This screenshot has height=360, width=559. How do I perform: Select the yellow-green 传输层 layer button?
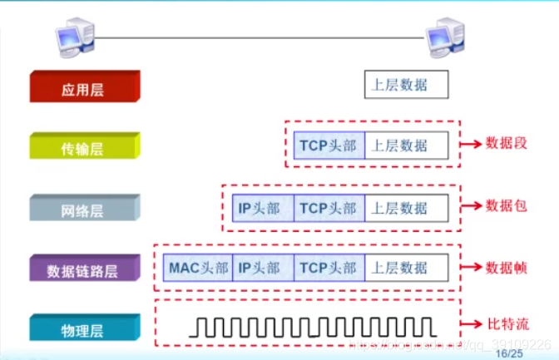pos(84,148)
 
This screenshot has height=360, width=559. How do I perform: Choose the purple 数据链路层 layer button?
pos(84,269)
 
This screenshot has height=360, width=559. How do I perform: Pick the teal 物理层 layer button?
pos(84,330)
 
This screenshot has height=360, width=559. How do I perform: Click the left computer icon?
pos(74,37)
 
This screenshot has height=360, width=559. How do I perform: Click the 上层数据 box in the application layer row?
pos(407,85)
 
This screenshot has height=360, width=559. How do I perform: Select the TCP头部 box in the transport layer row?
pos(328,145)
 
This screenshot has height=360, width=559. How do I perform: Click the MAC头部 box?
pos(198,268)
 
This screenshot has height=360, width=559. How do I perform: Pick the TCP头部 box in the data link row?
pos(328,268)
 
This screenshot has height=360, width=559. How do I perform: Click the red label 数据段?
pos(507,143)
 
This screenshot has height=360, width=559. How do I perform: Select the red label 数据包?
pos(507,205)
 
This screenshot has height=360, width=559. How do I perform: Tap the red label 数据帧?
pos(507,267)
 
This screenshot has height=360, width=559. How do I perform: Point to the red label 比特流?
pos(507,323)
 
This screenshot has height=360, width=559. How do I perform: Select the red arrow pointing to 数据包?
pos(472,205)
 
